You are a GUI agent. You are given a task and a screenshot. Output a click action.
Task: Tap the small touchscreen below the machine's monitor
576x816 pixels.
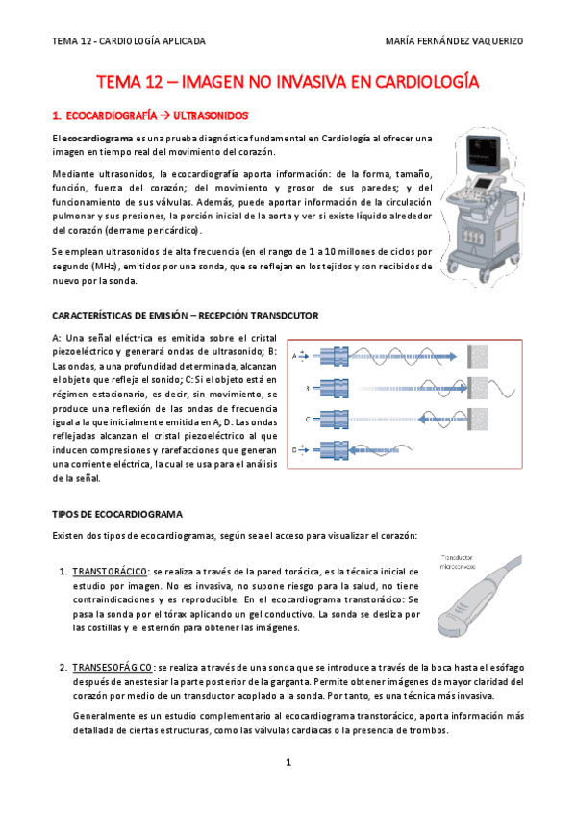point(483,183)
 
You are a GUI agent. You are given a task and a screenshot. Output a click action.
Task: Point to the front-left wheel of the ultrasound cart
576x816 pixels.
point(452,267)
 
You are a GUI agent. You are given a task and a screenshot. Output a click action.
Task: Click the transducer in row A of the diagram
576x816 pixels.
point(334,357)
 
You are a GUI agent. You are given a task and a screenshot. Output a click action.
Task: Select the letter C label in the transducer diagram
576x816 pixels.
point(308,419)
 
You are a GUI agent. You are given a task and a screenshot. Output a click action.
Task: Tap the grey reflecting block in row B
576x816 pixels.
point(478,388)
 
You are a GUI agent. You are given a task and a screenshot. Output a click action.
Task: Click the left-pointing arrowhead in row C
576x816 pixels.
point(425,419)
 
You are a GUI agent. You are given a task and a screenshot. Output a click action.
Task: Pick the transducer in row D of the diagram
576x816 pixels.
point(334,450)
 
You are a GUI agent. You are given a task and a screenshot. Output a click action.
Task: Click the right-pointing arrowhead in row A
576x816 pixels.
point(451,357)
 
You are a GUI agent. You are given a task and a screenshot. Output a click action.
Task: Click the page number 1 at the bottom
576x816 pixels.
point(288,763)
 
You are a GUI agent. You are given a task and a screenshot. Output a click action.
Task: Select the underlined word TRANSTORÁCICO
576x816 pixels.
point(110,572)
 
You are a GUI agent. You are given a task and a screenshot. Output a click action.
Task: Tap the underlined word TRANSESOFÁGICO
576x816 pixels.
point(113,668)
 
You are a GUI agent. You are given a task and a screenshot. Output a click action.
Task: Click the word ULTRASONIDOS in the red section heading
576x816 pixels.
point(211,115)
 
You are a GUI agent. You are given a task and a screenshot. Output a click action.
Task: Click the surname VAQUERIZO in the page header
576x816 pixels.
point(497,41)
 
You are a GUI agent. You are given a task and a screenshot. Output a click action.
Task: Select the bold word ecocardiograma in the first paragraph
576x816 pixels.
point(100,139)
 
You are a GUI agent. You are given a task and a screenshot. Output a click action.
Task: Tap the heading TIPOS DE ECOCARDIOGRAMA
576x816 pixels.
point(117,514)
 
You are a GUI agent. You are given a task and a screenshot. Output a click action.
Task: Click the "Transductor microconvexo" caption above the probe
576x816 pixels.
point(458,562)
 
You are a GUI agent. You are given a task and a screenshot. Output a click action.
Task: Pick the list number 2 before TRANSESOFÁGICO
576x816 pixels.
point(63,668)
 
